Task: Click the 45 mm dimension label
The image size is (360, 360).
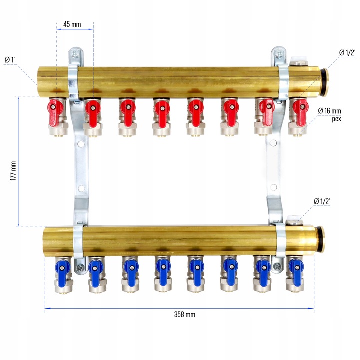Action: click(72, 24)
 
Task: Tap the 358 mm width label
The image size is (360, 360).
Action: click(185, 314)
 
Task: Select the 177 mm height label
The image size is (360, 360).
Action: click(13, 171)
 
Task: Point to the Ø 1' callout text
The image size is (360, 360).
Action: click(10, 60)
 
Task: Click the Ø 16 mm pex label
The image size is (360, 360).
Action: click(330, 115)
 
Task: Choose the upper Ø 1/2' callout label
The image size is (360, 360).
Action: click(347, 53)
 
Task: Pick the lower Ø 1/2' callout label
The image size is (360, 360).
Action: click(322, 201)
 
